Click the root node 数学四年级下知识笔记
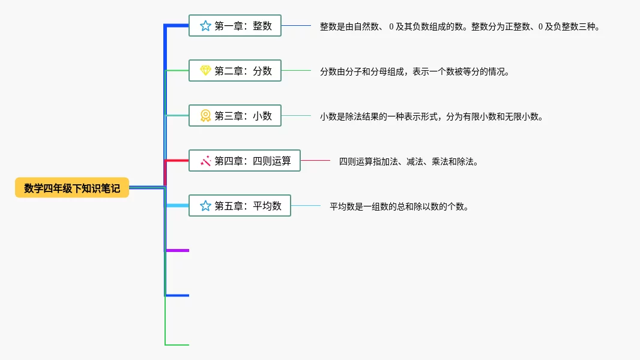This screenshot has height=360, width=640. [72, 188]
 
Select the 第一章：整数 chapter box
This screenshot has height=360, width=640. [235, 26]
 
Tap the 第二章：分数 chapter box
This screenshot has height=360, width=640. [235, 71]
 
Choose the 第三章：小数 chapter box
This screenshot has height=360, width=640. [235, 116]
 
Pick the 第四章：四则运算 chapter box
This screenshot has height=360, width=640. [244, 161]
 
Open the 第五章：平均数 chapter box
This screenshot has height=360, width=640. [240, 206]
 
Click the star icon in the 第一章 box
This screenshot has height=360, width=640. [205, 26]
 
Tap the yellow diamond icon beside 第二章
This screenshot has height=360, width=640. [205, 71]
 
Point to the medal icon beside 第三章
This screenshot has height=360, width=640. [205, 116]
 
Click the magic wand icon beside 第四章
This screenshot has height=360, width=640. [205, 161]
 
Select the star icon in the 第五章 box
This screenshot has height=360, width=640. [205, 206]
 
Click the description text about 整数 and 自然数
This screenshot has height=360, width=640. [459, 26]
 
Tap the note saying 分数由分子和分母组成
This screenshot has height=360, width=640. [414, 71]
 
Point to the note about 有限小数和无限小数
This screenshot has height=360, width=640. [431, 116]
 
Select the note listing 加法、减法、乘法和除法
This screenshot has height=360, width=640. [408, 161]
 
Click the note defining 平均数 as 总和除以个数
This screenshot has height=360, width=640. [399, 206]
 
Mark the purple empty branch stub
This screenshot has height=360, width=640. [178, 250]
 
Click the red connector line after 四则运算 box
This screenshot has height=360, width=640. [315, 160]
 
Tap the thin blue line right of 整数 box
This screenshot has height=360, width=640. [296, 25]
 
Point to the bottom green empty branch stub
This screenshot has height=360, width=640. [178, 345]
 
